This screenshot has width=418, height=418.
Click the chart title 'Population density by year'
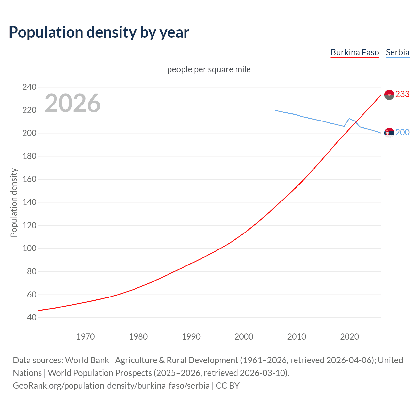99,32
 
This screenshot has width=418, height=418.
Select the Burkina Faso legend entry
355,52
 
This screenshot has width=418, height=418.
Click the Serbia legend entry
397,52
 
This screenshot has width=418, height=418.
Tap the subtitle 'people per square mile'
209,70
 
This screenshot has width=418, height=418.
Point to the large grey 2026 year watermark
72,103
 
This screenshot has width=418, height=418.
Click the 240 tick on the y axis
29,87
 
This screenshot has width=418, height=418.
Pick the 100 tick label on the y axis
29,249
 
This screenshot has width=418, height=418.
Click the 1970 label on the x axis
86,337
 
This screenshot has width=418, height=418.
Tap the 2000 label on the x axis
244,337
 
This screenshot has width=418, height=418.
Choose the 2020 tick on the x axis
349,337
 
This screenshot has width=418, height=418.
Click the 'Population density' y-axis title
14,202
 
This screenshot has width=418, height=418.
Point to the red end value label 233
402,94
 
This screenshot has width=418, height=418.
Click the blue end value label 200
402,132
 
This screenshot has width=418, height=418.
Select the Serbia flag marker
389,133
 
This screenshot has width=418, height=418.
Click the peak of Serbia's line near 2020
349,119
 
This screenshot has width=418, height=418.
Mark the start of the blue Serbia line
276,110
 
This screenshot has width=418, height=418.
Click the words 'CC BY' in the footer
228,386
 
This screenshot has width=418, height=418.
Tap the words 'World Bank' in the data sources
87,360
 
